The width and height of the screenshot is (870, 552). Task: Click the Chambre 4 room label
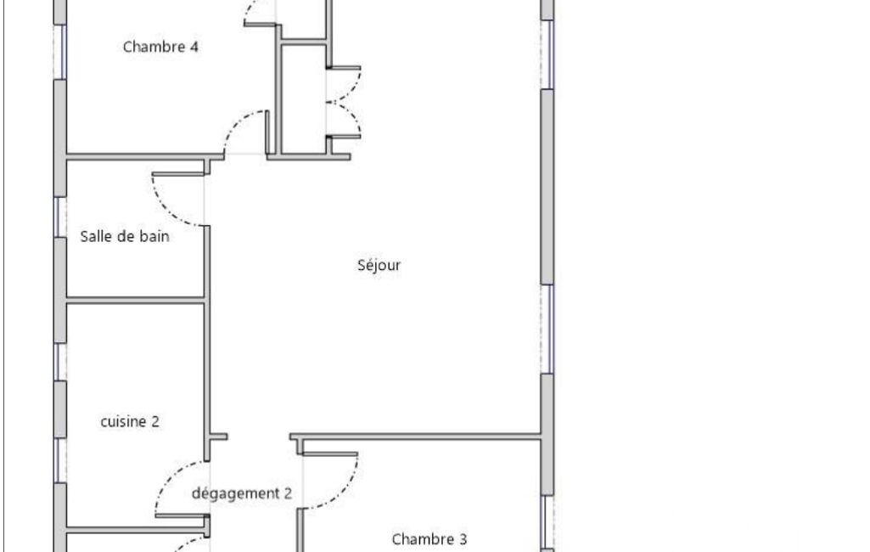pyautogui.click(x=160, y=47)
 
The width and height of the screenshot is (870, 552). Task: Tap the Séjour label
pyautogui.click(x=379, y=266)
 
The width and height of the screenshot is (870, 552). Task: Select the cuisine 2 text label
pyautogui.click(x=130, y=421)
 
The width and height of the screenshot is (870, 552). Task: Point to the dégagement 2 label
pyautogui.click(x=242, y=493)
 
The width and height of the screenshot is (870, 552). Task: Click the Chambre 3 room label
pyautogui.click(x=429, y=539)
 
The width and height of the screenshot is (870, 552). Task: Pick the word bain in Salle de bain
pyautogui.click(x=154, y=237)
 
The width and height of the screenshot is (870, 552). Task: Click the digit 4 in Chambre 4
pyautogui.click(x=194, y=47)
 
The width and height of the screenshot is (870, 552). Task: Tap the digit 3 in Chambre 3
pyautogui.click(x=463, y=539)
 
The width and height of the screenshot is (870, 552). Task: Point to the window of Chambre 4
pyautogui.click(x=60, y=52)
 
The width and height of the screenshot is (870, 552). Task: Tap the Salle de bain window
pyautogui.click(x=60, y=217)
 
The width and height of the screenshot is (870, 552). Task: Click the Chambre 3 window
pyautogui.click(x=547, y=522)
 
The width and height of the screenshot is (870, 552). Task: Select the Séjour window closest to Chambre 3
pyautogui.click(x=547, y=329)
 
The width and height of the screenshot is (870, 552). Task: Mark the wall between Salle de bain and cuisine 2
pyautogui.click(x=137, y=301)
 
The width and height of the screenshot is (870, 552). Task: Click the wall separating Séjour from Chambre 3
pyautogui.click(x=416, y=437)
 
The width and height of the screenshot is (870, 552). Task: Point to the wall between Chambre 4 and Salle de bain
pyautogui.click(x=145, y=157)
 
